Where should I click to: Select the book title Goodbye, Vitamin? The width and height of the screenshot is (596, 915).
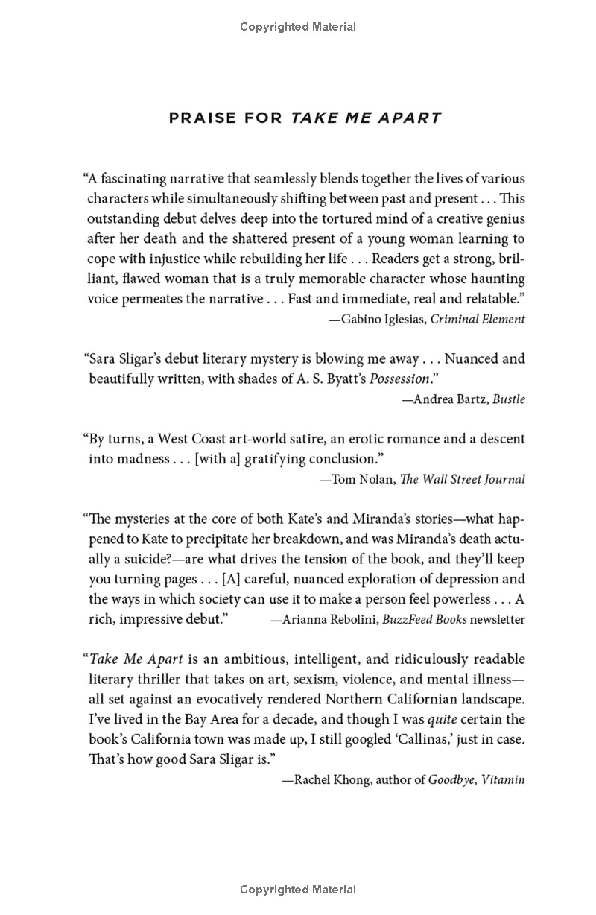coord(477,780)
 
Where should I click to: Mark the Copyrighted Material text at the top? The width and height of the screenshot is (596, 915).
coord(298,27)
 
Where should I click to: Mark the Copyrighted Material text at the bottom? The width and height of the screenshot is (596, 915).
coord(298,890)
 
